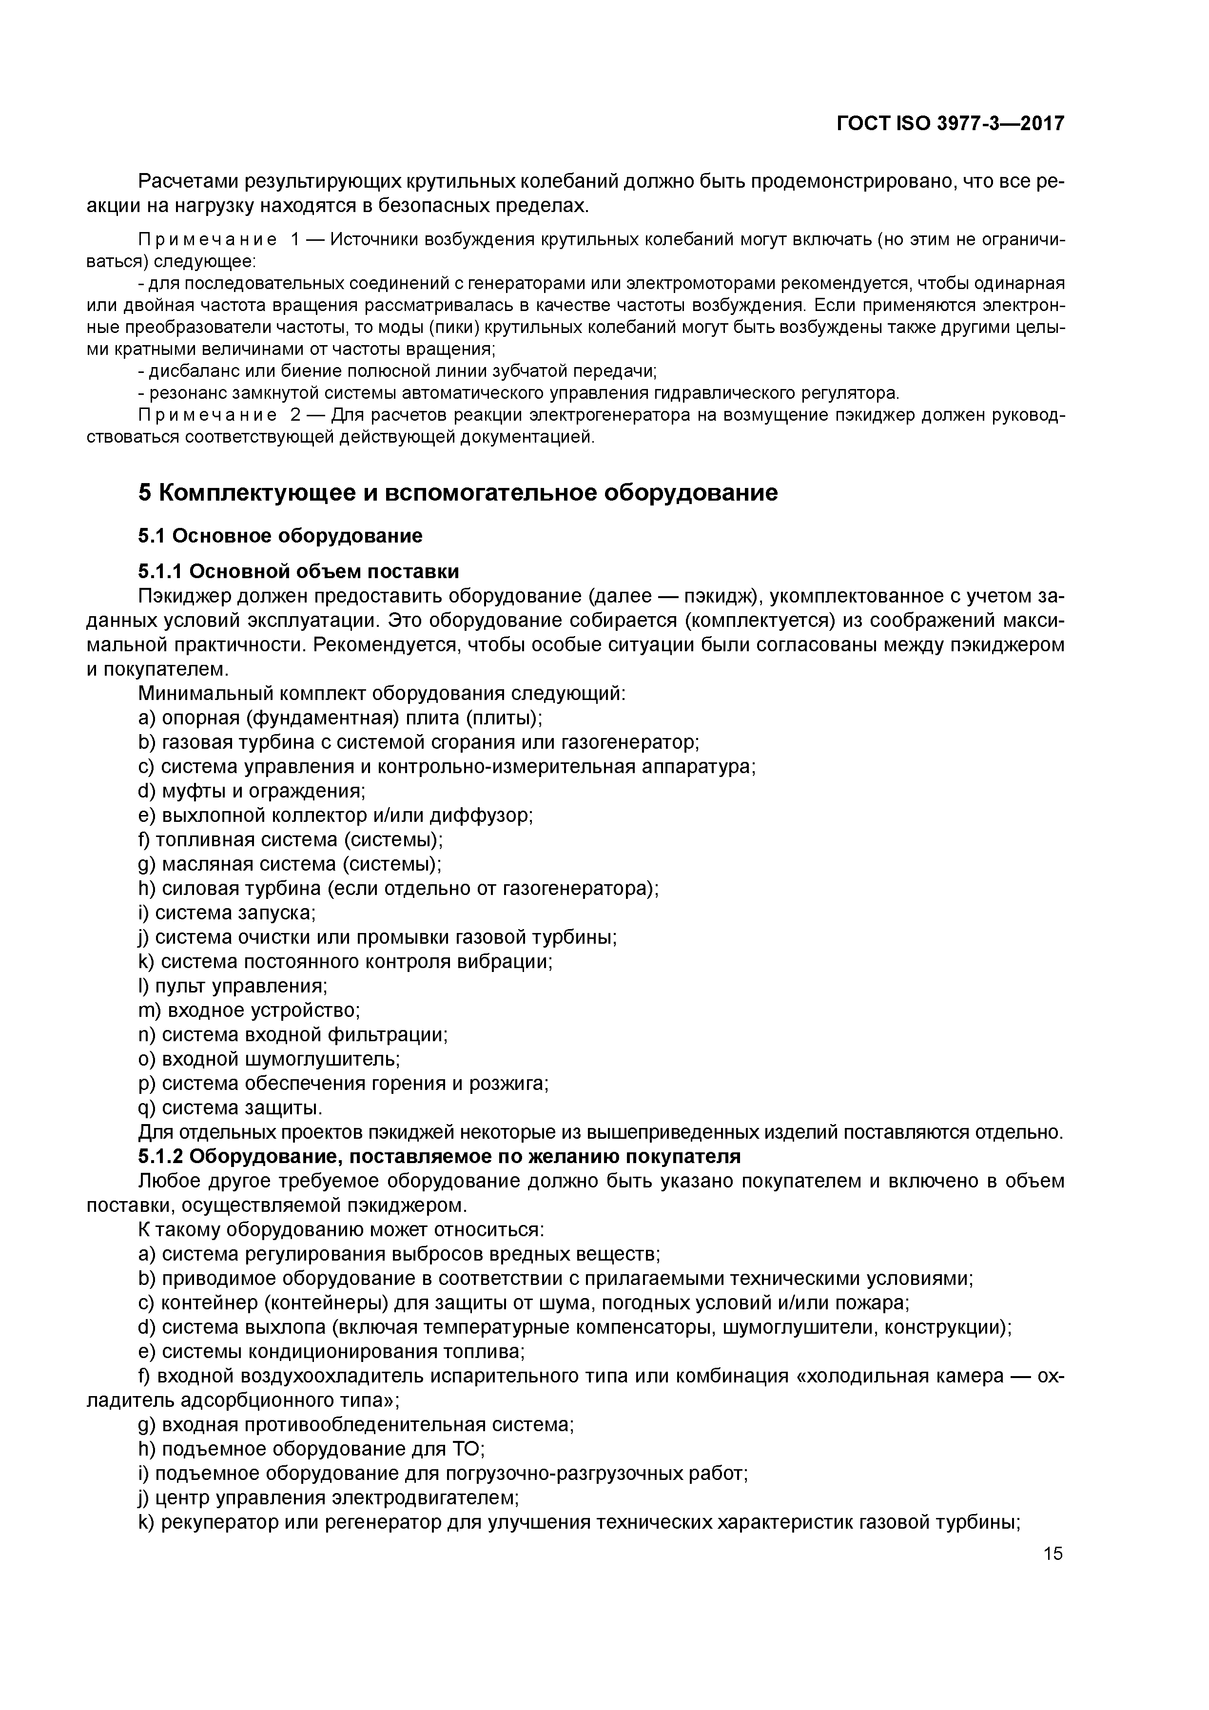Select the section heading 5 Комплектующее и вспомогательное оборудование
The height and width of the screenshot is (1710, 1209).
tap(458, 493)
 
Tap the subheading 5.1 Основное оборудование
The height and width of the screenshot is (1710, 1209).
tap(280, 536)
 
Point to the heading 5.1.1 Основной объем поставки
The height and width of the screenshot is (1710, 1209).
tap(298, 571)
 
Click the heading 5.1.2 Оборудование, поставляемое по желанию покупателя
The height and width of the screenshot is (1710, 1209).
tap(440, 1157)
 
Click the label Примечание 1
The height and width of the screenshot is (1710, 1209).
tap(218, 240)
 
